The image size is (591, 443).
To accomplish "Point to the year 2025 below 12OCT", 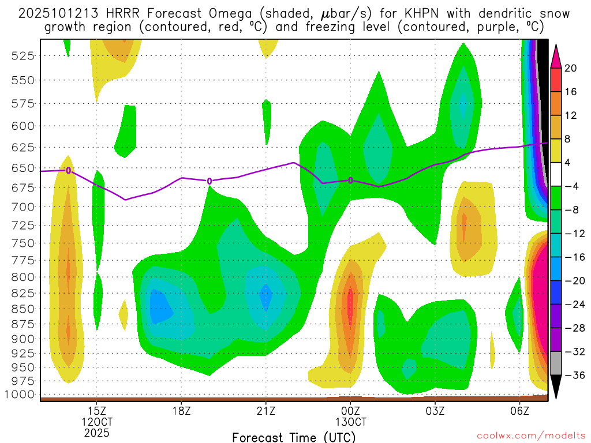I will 96,432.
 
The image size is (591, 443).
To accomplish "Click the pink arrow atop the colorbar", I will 556,55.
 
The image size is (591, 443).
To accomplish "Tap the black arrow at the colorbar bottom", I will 556,387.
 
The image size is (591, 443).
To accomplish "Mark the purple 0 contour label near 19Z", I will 210,181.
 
